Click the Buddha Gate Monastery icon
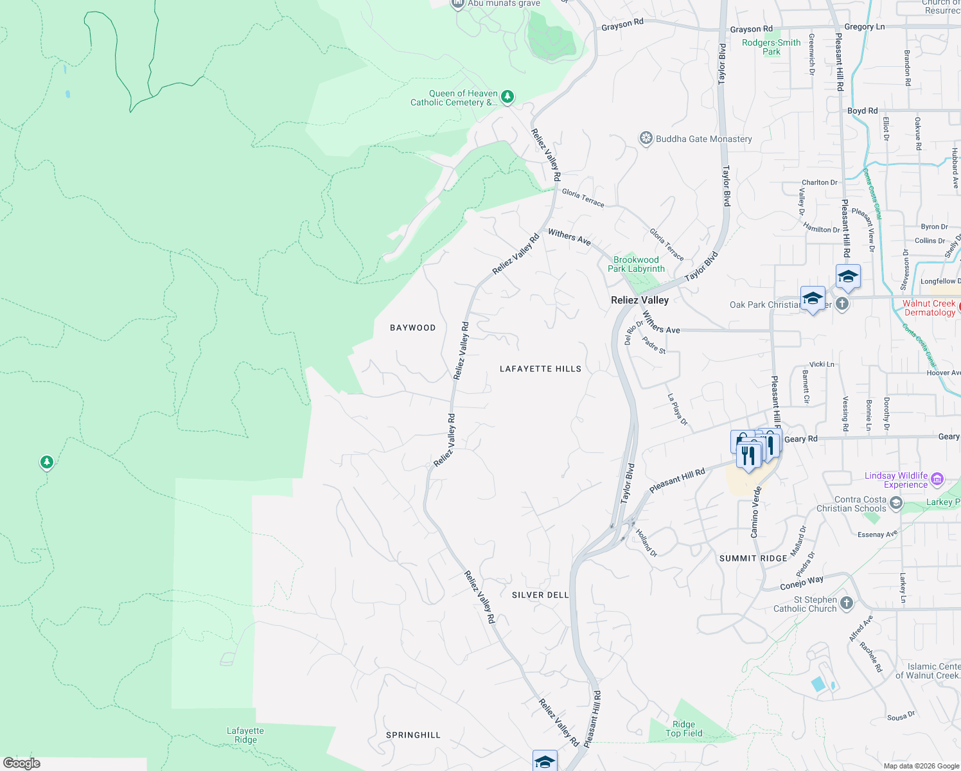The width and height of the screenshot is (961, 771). tap(646, 139)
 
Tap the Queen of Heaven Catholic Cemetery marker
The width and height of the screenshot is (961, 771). tap(507, 97)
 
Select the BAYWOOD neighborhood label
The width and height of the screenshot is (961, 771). tap(412, 328)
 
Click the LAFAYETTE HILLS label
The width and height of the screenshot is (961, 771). tap(540, 369)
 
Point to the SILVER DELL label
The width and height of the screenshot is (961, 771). tap(540, 595)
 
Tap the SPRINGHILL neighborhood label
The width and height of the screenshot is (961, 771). tap(413, 735)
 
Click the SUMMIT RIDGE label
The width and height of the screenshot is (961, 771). tap(753, 558)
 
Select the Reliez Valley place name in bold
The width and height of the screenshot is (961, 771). tap(640, 300)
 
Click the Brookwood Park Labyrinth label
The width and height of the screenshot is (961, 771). tap(636, 265)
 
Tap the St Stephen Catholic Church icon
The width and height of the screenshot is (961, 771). tap(847, 603)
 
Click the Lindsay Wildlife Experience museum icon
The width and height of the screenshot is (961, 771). tap(937, 479)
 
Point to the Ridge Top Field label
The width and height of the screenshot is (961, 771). tap(683, 729)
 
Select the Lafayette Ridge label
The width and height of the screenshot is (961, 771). tap(245, 735)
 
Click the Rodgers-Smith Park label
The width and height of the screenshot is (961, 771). tap(771, 47)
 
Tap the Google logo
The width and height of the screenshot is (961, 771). tap(21, 763)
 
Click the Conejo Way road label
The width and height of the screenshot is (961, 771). tap(802, 583)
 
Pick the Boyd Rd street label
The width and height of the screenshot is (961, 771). tap(862, 111)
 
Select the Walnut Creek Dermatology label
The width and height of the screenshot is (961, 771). tap(929, 308)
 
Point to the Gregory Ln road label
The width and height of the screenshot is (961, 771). tap(864, 27)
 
